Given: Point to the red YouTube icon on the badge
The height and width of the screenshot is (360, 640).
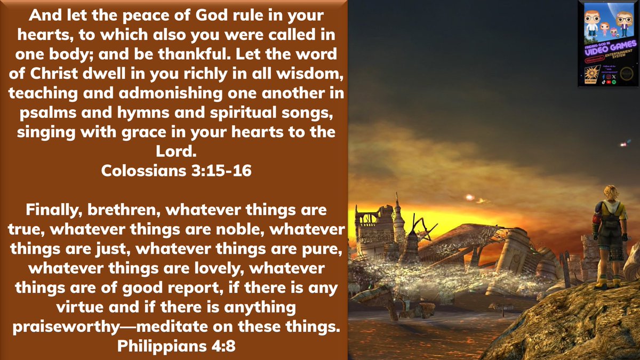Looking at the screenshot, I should [x=608, y=82].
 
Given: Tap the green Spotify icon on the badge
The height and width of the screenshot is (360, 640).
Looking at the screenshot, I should [x=614, y=82].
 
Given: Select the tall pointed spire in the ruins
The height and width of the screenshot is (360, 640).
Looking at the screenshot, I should [x=397, y=211].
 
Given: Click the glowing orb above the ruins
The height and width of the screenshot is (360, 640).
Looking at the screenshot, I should [x=470, y=197].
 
